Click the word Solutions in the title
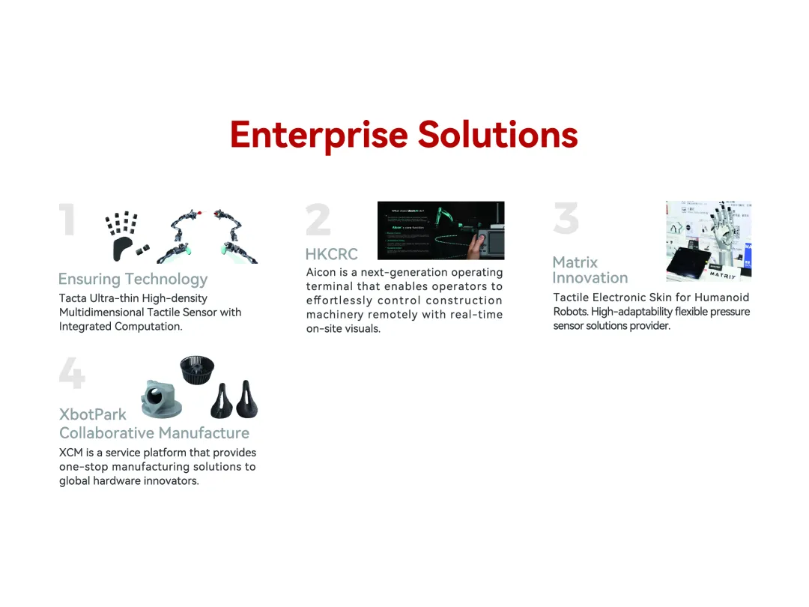coord(497,135)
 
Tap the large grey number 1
coord(68,221)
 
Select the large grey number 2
coord(318,220)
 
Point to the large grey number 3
coord(566,218)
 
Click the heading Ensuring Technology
coord(133,280)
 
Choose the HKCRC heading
coord(331,254)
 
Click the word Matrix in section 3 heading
coord(575,262)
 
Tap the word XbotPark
coord(93,414)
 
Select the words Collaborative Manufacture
coord(154,433)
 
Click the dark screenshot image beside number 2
coord(440,230)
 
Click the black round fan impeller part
coord(197,370)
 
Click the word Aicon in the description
coord(321,273)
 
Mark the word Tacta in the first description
coord(73,298)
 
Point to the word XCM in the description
coord(71,453)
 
